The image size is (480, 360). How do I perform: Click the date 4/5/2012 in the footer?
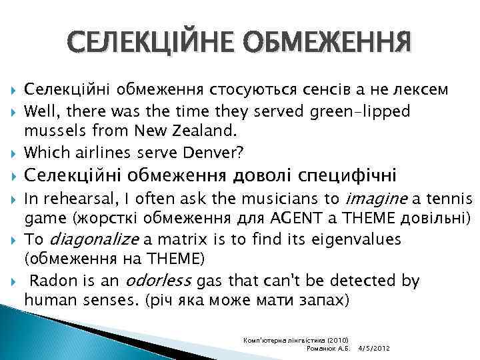(x=375, y=349)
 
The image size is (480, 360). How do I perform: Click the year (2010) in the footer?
(x=342, y=340)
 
